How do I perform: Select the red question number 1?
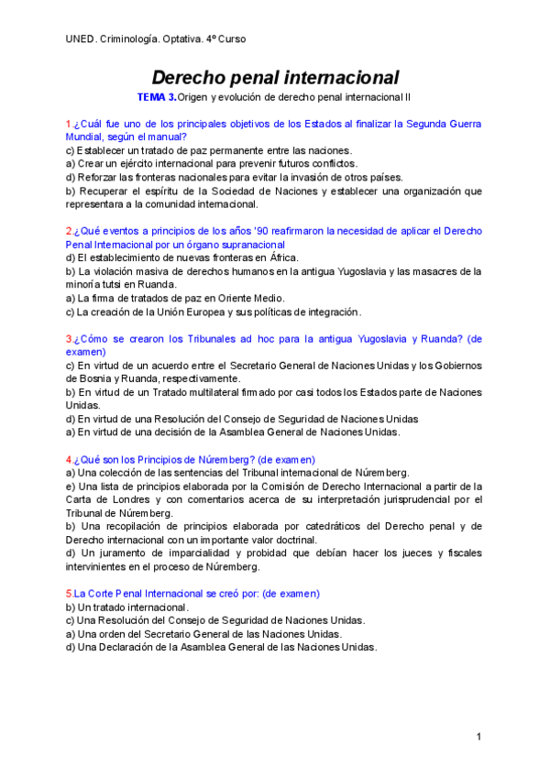[x=69, y=124]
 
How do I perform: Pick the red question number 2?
[x=69, y=232]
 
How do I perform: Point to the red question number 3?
[x=69, y=339]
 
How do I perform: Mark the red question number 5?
[x=69, y=594]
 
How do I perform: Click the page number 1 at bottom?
[x=478, y=737]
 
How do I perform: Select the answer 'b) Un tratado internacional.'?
[x=127, y=607]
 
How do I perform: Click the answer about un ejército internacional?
[x=212, y=164]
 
